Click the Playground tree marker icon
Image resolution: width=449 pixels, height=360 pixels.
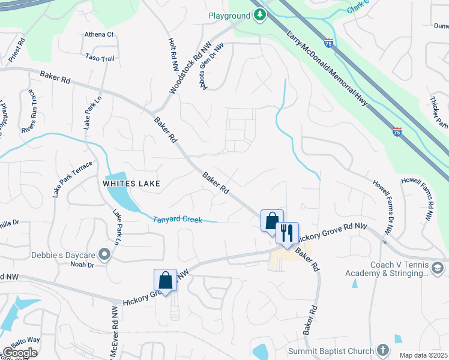tap(260, 15)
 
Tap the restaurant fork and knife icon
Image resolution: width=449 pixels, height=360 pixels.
tap(287, 233)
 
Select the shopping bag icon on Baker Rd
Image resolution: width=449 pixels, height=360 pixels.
tap(272, 220)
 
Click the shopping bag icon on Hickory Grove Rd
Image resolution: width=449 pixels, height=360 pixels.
tap(165, 280)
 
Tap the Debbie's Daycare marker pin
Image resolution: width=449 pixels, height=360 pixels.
tap(105, 254)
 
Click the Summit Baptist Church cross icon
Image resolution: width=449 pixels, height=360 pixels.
tap(384, 350)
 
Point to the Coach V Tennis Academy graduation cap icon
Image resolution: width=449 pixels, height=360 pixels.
tap(438, 268)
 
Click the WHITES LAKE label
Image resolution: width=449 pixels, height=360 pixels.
tap(131, 184)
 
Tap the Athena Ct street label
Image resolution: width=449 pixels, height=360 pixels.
tap(99, 35)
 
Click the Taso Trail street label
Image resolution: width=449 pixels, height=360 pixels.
tap(100, 58)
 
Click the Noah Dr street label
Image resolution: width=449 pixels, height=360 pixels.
tap(82, 265)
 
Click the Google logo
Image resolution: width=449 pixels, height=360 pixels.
tap(20, 353)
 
